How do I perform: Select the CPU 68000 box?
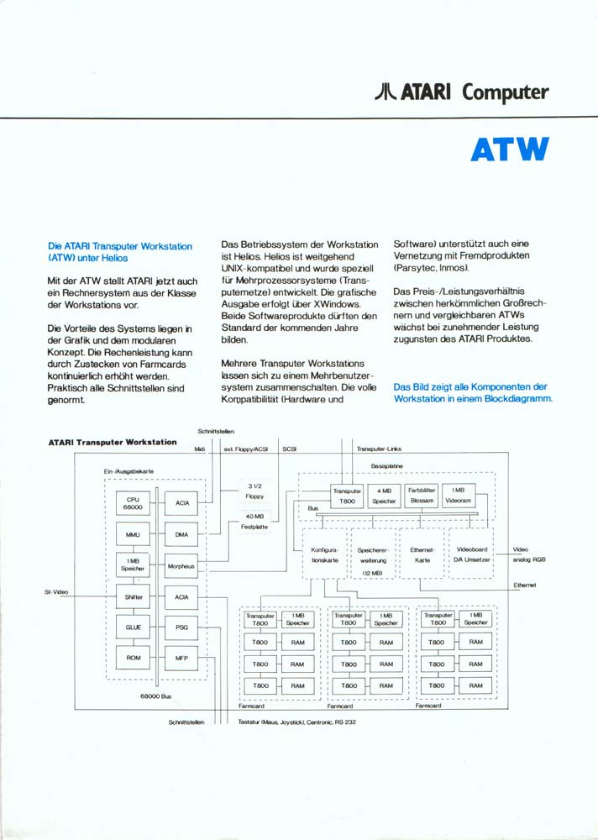(x=133, y=503)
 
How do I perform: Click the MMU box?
(x=133, y=534)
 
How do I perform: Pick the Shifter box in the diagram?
(x=133, y=596)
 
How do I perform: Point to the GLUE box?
(x=133, y=627)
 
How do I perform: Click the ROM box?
(x=133, y=658)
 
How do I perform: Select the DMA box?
(x=182, y=534)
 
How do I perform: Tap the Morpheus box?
(x=182, y=566)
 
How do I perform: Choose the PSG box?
(x=182, y=627)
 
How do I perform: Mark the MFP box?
(x=182, y=658)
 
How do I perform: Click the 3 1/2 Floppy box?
(x=255, y=491)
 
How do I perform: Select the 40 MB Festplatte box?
(x=255, y=522)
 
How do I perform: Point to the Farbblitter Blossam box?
(x=422, y=495)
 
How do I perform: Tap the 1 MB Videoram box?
(x=459, y=495)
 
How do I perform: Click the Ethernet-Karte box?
(x=422, y=554)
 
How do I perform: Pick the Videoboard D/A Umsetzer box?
(x=471, y=554)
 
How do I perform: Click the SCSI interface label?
(x=290, y=449)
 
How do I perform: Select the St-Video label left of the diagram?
(x=56, y=592)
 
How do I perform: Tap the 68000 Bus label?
(x=155, y=696)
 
